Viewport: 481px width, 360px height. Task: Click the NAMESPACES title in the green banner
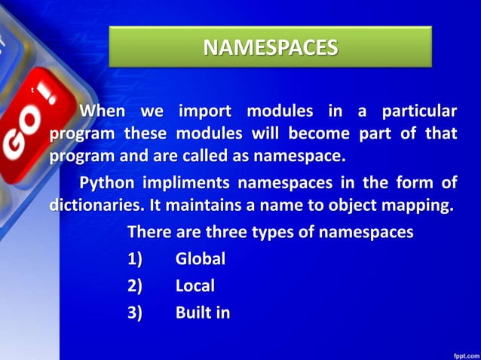pos(270,48)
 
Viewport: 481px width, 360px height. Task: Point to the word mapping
pos(418,206)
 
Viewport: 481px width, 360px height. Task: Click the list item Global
pos(201,259)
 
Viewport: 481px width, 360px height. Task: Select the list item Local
pos(195,285)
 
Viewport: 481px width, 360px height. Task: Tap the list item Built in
pos(203,312)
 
